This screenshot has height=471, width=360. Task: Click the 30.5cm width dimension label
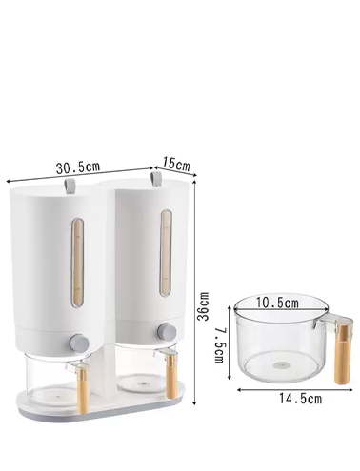[78, 167]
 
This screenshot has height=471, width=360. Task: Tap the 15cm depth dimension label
[176, 164]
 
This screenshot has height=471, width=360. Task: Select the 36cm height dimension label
[203, 306]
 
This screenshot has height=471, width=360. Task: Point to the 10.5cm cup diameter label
[277, 303]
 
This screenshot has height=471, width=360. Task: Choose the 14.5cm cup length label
[300, 399]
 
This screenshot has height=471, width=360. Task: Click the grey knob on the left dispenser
[79, 343]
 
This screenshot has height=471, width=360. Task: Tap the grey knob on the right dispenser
[167, 332]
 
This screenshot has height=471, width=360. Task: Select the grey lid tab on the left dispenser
[70, 186]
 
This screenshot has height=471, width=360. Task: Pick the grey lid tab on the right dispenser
[156, 180]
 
